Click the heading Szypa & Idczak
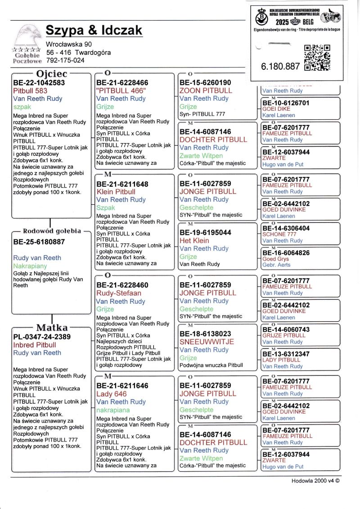tap(94, 30)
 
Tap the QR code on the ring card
tap(317, 58)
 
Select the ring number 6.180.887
tap(280, 66)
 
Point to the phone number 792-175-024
tap(65, 60)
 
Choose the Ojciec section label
tap(52, 73)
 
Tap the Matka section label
tap(52, 327)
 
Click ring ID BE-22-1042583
tap(39, 83)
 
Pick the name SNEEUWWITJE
tap(207, 342)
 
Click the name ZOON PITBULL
tap(206, 90)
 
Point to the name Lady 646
tap(112, 394)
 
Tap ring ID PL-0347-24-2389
tap(42, 337)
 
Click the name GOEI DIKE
tap(276, 109)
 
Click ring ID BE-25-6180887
tap(40, 242)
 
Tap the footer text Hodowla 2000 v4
tap(315, 480)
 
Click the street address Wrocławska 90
tap(69, 44)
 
